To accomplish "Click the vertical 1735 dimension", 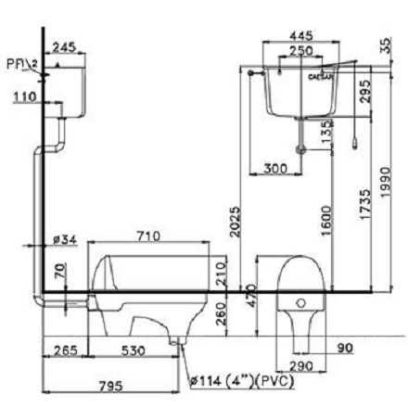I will pos(368,198).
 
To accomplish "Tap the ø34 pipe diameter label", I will pos(63,240).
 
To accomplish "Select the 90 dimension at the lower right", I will pos(346,348).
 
